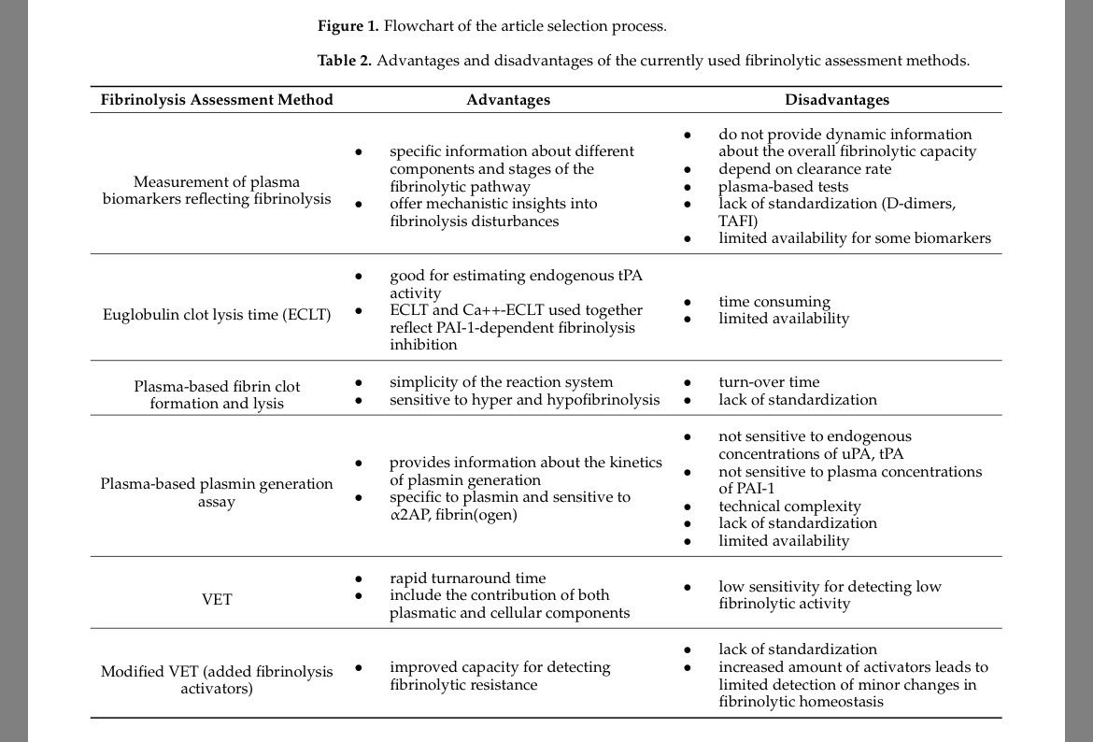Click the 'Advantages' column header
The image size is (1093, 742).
(x=508, y=100)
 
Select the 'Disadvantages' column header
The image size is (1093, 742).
(x=837, y=100)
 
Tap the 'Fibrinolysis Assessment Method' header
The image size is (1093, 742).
(x=217, y=100)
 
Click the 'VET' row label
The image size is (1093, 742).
(x=217, y=599)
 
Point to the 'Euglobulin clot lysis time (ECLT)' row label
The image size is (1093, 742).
(x=217, y=314)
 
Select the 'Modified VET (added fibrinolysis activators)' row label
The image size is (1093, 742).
(x=217, y=680)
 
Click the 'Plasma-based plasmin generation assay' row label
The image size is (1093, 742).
(x=217, y=492)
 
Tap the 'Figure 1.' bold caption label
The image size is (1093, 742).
(x=348, y=26)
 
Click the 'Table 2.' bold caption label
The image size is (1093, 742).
(x=345, y=61)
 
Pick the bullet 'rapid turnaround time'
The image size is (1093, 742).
(x=467, y=578)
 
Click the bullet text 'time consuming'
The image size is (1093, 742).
(x=774, y=302)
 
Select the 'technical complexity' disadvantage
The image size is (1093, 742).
(x=789, y=507)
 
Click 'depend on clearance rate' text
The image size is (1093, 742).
(x=804, y=169)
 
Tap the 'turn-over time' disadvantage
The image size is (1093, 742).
(x=769, y=382)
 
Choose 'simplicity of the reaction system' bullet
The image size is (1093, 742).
(x=501, y=382)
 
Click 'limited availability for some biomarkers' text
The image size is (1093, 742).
(x=854, y=238)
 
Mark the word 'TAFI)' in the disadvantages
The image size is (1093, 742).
(x=738, y=221)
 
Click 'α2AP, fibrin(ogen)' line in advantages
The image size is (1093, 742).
(x=453, y=515)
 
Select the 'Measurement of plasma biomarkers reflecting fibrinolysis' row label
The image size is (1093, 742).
(x=217, y=191)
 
